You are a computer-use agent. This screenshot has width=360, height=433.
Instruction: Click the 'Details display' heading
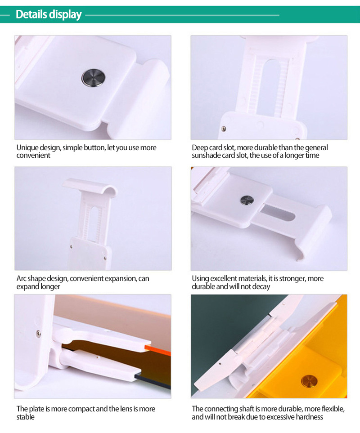click(49, 14)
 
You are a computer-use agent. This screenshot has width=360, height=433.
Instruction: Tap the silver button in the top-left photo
click(93, 78)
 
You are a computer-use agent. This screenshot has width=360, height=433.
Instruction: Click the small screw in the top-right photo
click(224, 129)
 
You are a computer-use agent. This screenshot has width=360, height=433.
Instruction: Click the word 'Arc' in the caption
click(21, 279)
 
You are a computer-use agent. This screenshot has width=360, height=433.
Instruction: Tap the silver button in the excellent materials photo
click(247, 200)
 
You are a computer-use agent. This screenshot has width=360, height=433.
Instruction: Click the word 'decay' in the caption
click(261, 286)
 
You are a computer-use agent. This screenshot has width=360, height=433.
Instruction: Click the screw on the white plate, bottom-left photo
click(38, 334)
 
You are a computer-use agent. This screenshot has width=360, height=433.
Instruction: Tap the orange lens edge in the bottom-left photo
click(157, 349)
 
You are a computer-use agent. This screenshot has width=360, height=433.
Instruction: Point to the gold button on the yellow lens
click(309, 381)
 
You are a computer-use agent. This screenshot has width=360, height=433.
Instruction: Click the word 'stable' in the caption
click(25, 417)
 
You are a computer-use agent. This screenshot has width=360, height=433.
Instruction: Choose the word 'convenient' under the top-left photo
click(33, 156)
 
